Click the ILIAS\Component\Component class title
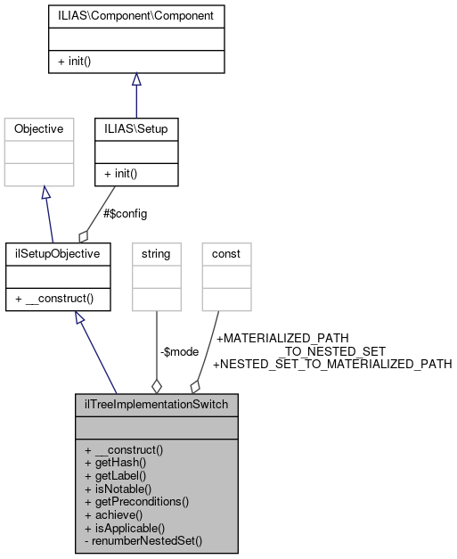pyautogui.click(x=135, y=16)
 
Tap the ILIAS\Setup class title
pyautogui.click(x=135, y=129)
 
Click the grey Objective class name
pyautogui.click(x=38, y=129)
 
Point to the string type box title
pyautogui.click(x=156, y=254)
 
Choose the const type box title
pyautogui.click(x=226, y=254)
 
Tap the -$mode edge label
pyautogui.click(x=179, y=351)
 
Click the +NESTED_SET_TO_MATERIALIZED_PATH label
pyautogui.click(x=332, y=364)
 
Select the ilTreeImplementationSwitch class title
pyautogui.click(x=156, y=405)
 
